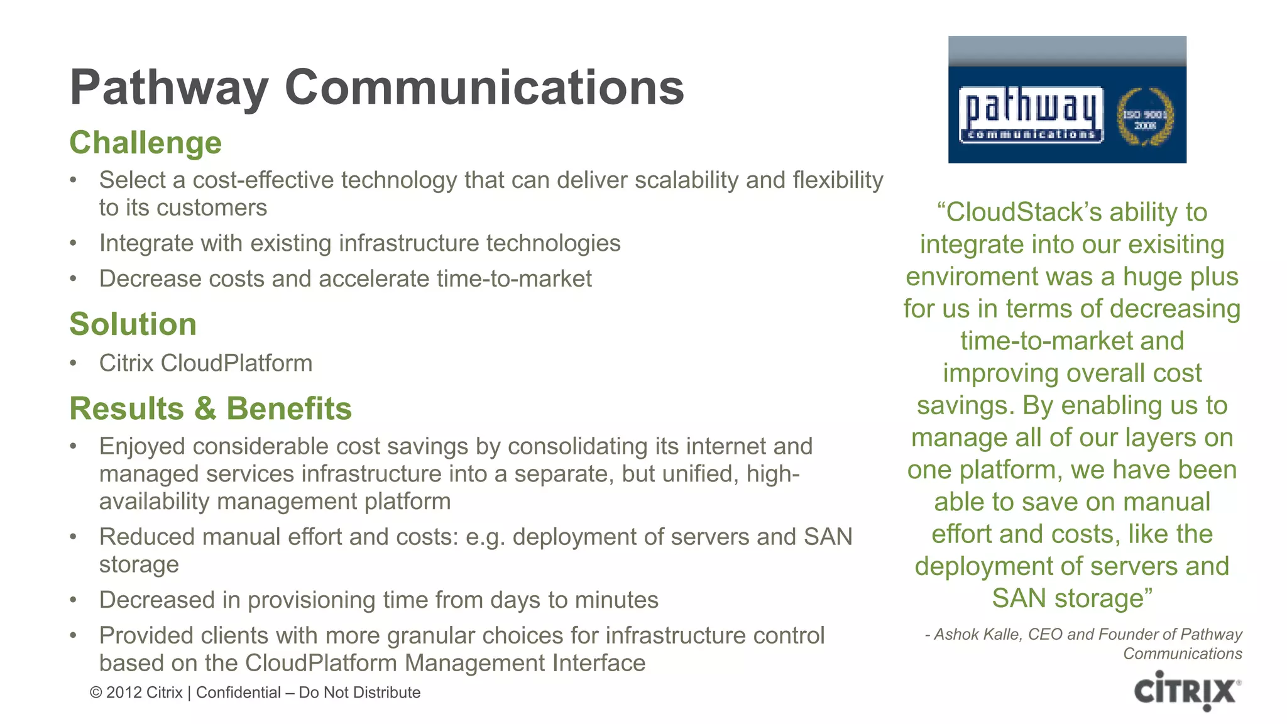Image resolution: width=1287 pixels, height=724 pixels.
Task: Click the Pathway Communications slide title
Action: (x=377, y=87)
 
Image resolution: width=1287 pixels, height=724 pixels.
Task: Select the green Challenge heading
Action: (x=146, y=143)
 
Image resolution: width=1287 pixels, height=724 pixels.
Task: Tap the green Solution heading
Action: (x=133, y=324)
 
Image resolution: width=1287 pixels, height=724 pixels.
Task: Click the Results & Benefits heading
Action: (x=211, y=409)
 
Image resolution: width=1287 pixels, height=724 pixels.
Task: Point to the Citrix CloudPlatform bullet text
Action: (x=205, y=363)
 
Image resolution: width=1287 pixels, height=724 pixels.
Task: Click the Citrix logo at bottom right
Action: (x=1187, y=691)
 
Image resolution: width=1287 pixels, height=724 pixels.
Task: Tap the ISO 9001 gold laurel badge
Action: (x=1144, y=118)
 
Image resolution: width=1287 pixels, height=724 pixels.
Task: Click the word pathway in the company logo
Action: (x=1031, y=108)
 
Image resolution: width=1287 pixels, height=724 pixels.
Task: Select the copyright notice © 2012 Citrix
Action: (x=136, y=693)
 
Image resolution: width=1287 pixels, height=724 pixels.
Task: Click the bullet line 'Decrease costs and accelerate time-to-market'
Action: (x=345, y=279)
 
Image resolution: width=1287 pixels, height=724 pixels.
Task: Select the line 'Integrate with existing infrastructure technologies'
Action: (x=359, y=243)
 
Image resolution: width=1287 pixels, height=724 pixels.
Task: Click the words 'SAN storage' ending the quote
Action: (x=1072, y=598)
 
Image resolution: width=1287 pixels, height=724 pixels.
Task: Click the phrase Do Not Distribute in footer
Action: (x=359, y=693)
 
